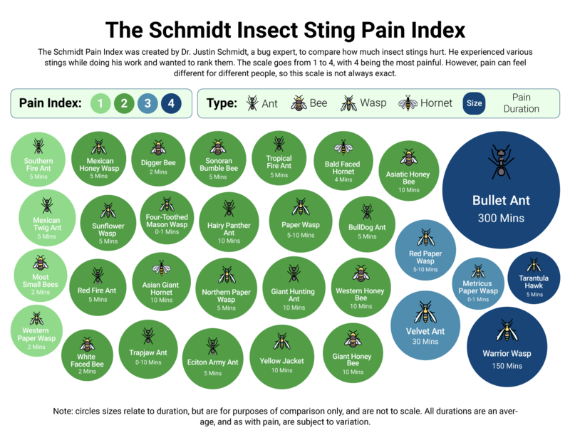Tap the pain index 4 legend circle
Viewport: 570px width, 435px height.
tap(171, 103)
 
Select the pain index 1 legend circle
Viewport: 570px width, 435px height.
tap(101, 103)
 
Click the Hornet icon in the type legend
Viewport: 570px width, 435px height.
tap(408, 103)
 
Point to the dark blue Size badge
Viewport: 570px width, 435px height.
tap(474, 103)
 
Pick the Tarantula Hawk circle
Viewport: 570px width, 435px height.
tap(534, 278)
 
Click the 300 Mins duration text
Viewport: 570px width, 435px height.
tap(501, 218)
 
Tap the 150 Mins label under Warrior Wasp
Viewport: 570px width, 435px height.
tap(507, 366)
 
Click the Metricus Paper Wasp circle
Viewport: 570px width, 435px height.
tap(478, 282)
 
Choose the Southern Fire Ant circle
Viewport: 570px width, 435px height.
tap(38, 159)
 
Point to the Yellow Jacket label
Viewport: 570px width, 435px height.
tap(282, 361)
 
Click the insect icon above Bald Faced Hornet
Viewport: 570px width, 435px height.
tap(344, 147)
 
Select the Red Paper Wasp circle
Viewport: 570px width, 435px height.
tap(426, 249)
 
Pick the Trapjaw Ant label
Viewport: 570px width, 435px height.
tap(148, 352)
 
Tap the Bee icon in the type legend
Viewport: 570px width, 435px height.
tap(299, 103)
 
